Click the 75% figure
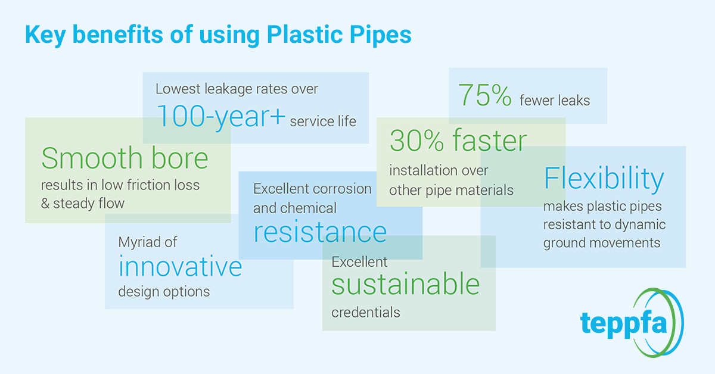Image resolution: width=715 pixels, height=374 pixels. tap(485, 95)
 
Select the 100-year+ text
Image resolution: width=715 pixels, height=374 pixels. tap(220, 117)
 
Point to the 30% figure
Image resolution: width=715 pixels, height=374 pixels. tap(416, 141)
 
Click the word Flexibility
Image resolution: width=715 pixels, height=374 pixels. tap(604, 178)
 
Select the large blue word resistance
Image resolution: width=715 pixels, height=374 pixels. tap(320, 232)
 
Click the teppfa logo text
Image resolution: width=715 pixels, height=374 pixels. tap(624, 323)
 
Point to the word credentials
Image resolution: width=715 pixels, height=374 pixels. tap(366, 313)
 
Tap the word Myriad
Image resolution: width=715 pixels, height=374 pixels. tap(139, 242)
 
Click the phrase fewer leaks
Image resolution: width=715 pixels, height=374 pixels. tap(555, 101)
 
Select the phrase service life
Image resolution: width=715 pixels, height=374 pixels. tap(323, 121)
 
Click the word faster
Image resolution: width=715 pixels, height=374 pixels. tap(490, 140)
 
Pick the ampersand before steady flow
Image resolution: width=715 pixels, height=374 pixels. tap(45, 204)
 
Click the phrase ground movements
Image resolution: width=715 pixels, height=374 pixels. tap(602, 243)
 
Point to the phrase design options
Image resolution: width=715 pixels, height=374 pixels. tap(164, 292)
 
